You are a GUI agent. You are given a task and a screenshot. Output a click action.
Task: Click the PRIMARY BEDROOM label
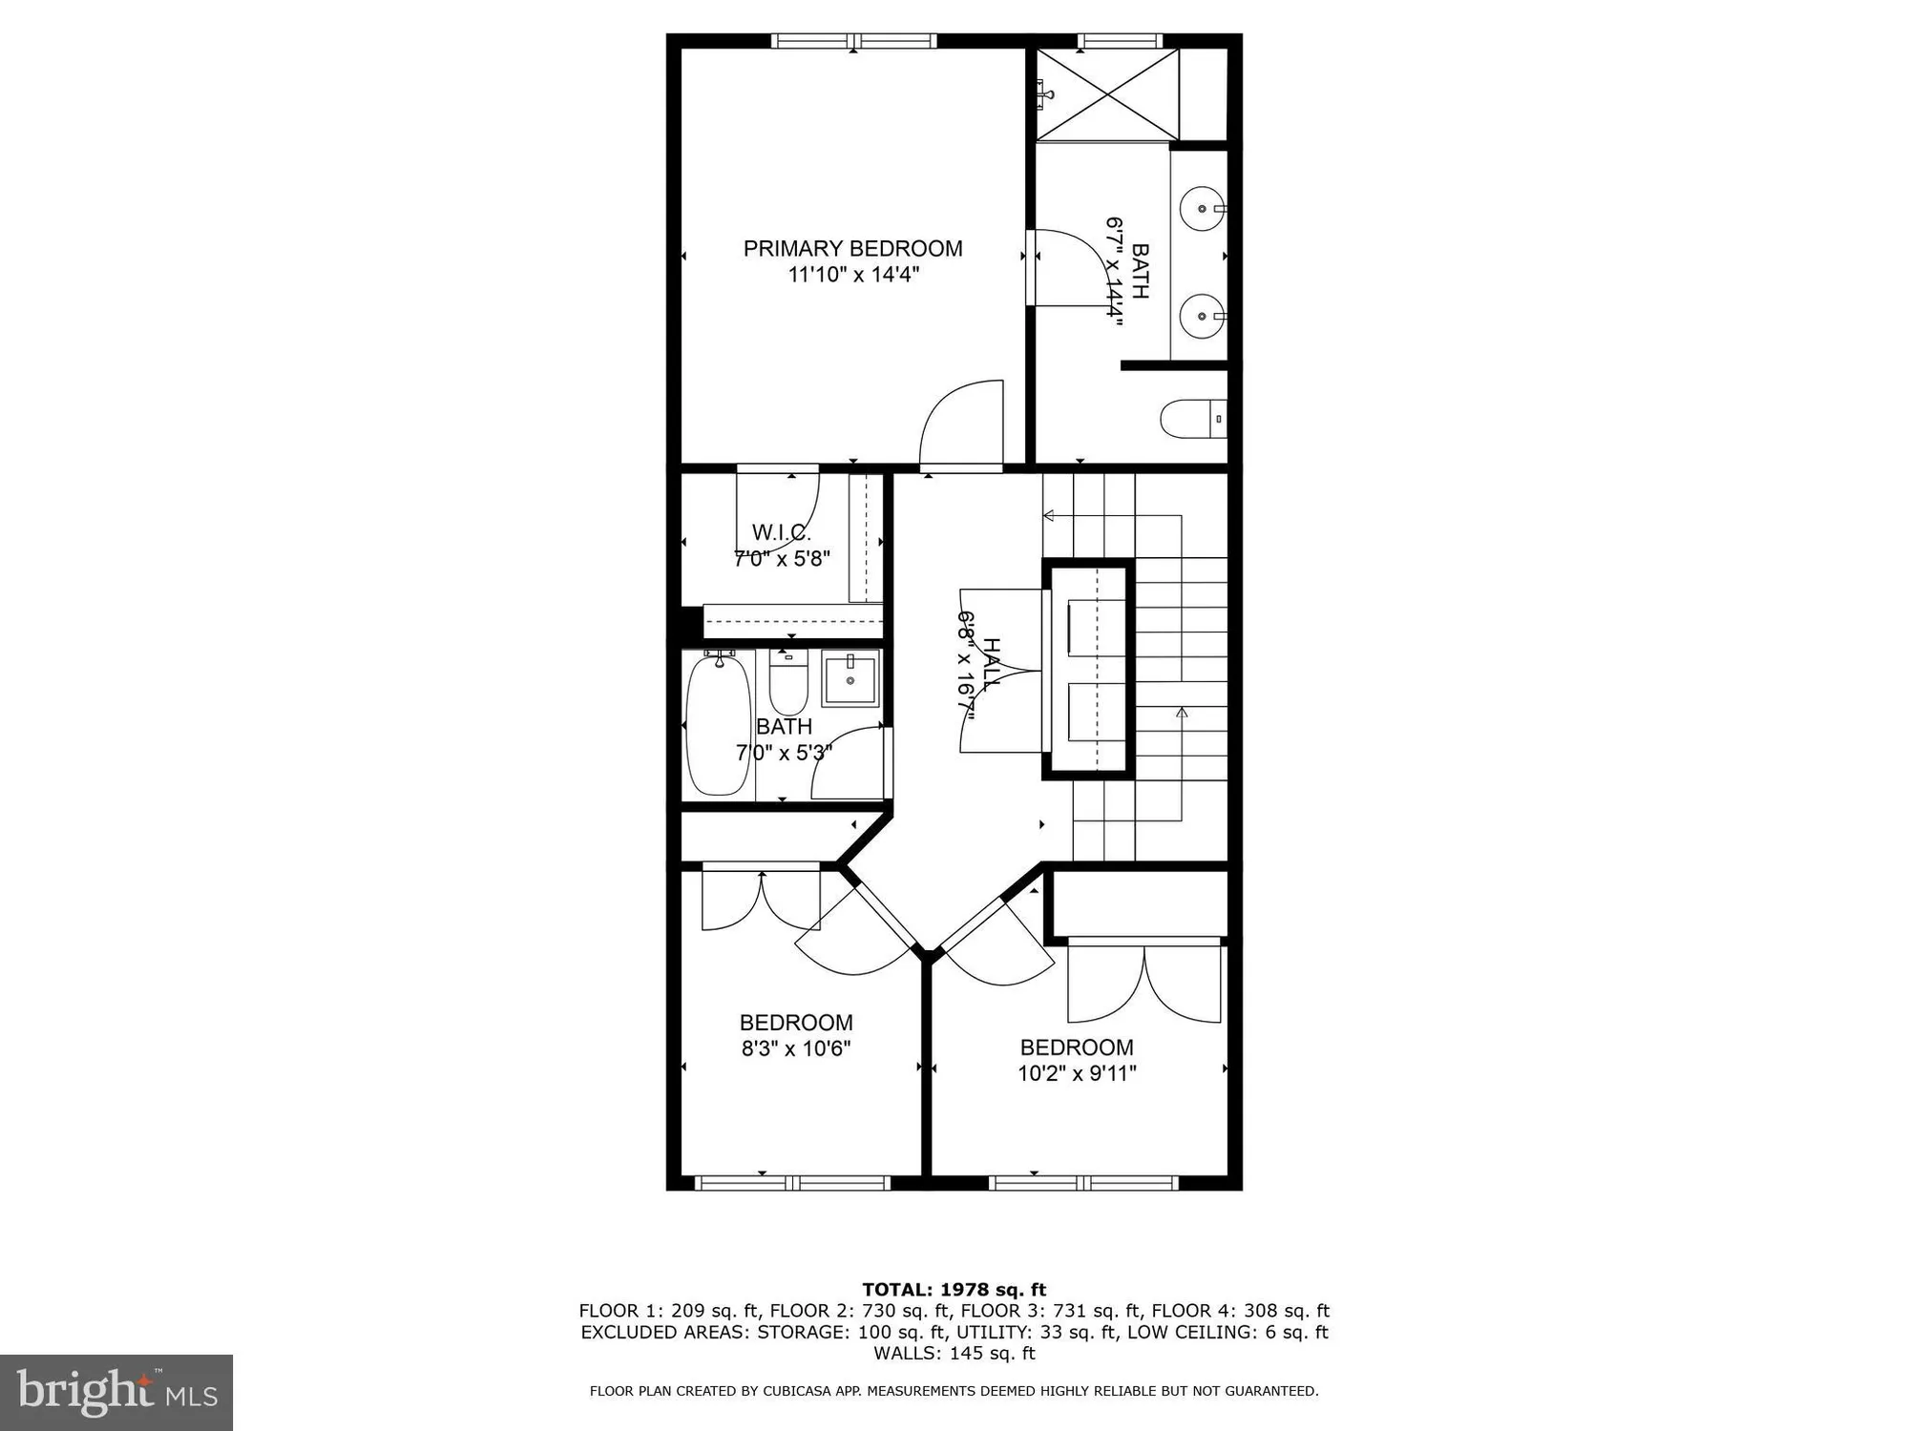coord(852,249)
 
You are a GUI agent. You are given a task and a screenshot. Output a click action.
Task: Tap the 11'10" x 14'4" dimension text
coord(852,275)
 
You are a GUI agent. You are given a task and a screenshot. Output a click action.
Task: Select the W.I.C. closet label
coord(781,532)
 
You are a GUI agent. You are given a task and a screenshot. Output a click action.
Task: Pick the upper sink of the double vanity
coord(1200,207)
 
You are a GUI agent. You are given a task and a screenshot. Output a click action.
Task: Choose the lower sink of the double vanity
coord(1200,315)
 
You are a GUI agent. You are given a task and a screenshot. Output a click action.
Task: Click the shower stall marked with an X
coord(1107,94)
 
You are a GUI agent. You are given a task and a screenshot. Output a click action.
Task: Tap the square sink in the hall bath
coord(850,679)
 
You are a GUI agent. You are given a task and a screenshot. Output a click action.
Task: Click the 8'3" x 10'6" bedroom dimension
coord(796,1048)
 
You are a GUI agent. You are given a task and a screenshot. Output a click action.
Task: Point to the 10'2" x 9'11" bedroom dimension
coord(1077,1073)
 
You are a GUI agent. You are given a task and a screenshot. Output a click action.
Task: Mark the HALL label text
coord(993,664)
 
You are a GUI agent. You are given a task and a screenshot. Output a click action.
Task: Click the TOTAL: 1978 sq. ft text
coord(954,1290)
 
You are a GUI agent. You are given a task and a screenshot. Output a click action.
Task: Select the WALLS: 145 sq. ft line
coord(954,1353)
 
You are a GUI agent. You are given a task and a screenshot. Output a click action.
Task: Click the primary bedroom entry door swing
coord(959,425)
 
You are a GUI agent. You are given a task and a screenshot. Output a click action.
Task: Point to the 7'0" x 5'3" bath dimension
coord(784,753)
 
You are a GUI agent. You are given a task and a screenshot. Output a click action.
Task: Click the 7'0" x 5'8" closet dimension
coord(782,558)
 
